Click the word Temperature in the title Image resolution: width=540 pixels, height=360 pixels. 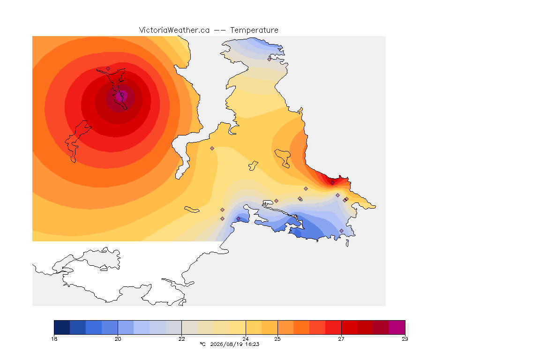[254, 30]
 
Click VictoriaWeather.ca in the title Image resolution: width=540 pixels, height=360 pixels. [174, 30]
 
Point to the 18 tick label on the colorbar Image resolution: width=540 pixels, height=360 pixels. [54, 339]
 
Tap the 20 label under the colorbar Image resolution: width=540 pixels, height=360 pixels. [118, 339]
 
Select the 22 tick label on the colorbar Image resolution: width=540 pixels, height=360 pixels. [181, 339]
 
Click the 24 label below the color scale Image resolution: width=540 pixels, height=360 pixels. [246, 339]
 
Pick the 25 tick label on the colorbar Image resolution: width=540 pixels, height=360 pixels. [277, 339]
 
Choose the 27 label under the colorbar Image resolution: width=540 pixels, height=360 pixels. [341, 339]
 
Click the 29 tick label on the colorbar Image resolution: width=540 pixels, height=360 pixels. [405, 339]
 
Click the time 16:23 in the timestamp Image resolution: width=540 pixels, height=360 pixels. [252, 344]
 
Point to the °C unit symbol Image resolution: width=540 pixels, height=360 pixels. [202, 344]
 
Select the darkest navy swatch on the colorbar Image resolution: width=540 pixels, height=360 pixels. [62, 327]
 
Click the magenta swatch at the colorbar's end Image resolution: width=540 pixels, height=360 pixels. [397, 327]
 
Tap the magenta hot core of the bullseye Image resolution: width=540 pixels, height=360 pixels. [120, 97]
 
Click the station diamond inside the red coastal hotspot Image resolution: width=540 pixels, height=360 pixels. [332, 183]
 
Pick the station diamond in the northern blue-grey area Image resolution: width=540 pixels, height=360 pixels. [270, 59]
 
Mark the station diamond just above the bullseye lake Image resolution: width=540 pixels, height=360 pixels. [108, 68]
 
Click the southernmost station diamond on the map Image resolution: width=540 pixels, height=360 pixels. [341, 231]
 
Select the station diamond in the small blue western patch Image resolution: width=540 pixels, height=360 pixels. [238, 219]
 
